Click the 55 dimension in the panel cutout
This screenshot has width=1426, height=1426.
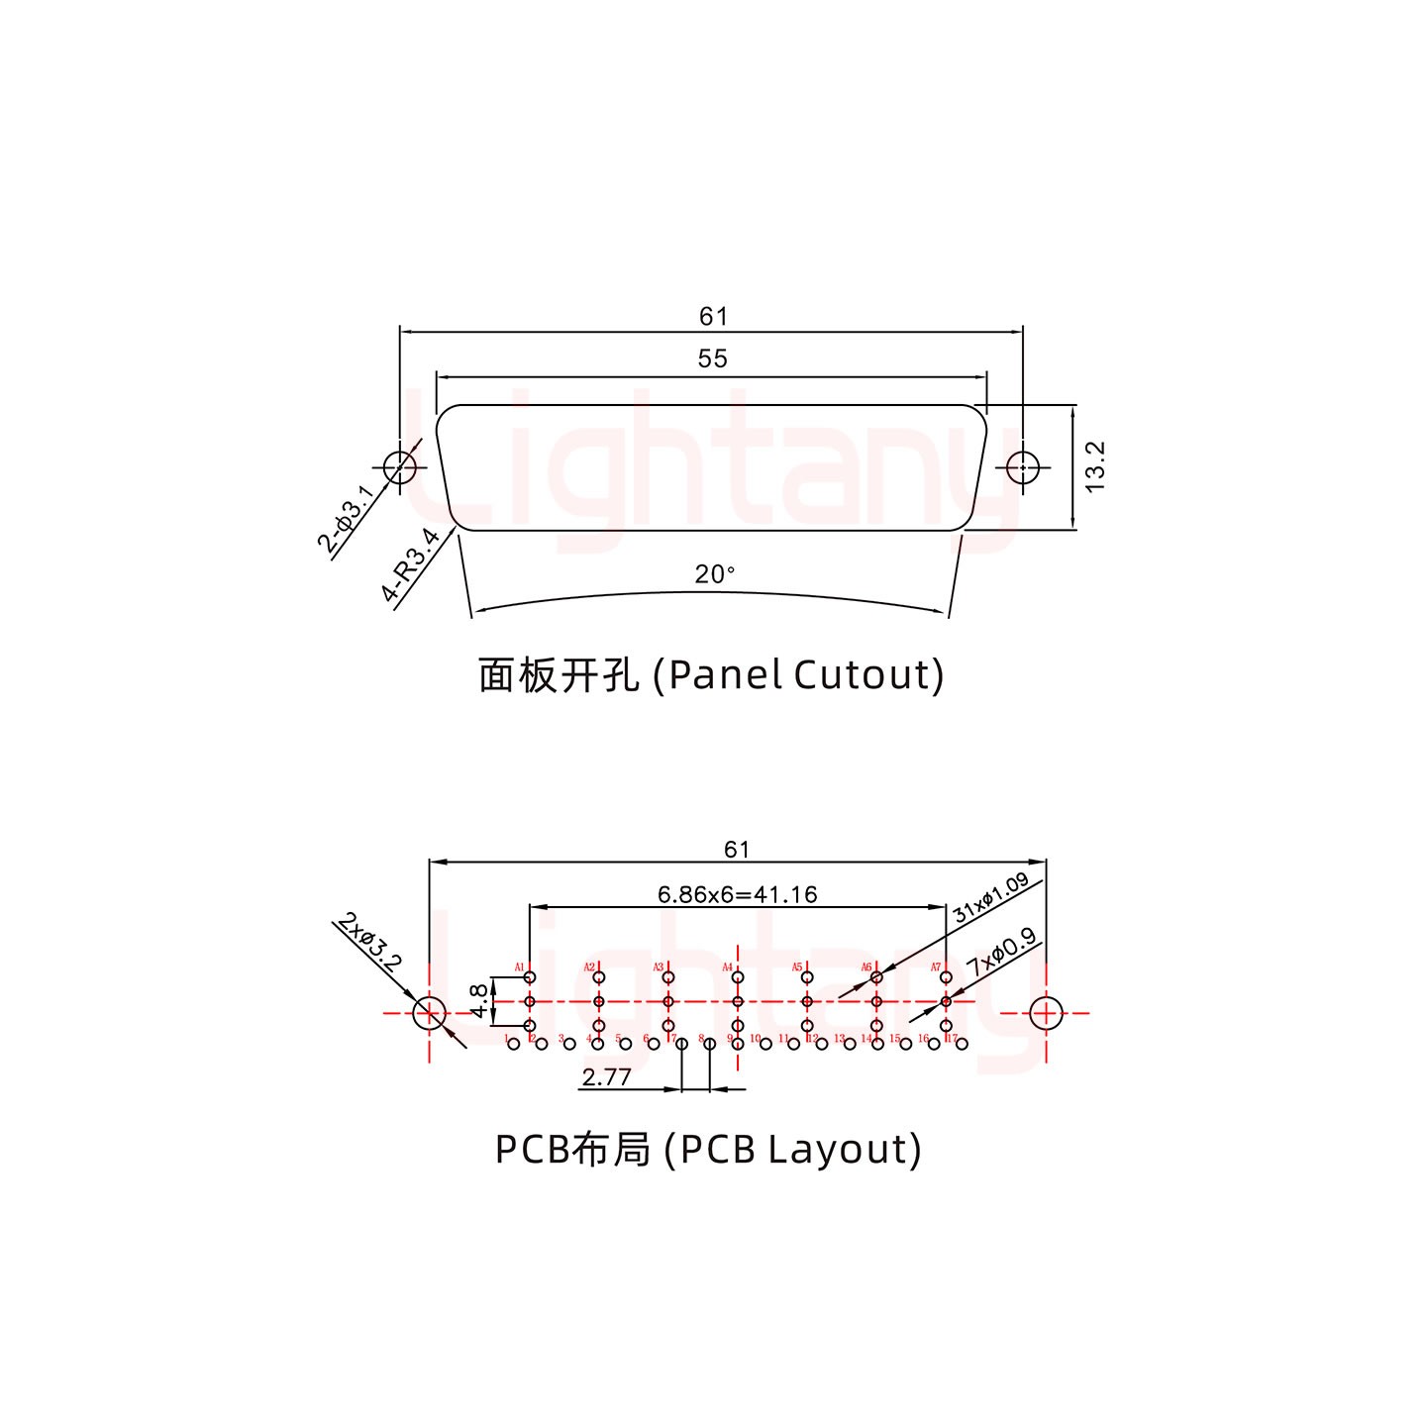tap(712, 358)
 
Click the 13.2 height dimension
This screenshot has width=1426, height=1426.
tap(1094, 466)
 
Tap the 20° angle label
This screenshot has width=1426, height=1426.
tap(714, 574)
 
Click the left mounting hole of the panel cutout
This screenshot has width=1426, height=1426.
tap(399, 466)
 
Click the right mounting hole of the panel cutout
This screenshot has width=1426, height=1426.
tap(1022, 466)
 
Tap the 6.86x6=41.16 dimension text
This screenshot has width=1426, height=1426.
tap(738, 895)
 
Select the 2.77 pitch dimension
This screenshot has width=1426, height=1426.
tap(606, 1077)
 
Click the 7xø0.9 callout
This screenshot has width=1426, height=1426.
tap(1001, 952)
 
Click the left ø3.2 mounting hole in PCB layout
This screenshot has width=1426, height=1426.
tap(429, 1013)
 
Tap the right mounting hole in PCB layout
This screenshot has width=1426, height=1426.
tap(1046, 1013)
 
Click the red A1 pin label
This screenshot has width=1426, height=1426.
tap(519, 968)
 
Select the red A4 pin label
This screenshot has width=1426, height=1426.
tap(727, 968)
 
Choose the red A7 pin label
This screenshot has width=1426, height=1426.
tap(935, 968)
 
